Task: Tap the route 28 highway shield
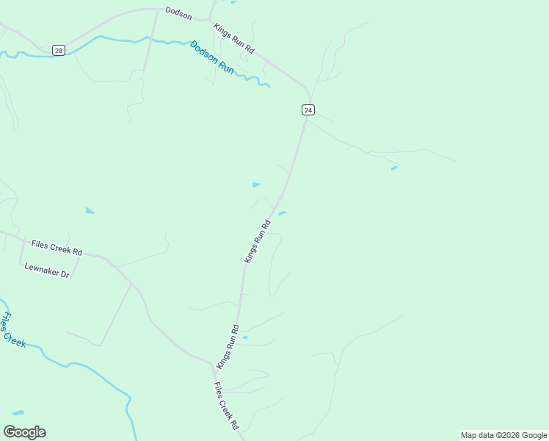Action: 58,50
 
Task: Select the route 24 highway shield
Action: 308,110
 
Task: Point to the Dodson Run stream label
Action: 212,57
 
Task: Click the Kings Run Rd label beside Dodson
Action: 233,38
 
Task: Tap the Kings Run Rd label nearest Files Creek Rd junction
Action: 228,346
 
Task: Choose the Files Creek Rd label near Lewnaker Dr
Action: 57,247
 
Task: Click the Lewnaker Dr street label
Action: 46,270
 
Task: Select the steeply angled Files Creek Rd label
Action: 226,406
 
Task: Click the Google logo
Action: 24,432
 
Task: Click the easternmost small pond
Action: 394,168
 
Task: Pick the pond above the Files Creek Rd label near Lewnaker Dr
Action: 90,211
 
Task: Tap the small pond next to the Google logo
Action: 18,413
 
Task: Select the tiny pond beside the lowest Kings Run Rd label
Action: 244,337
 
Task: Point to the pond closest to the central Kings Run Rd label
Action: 282,213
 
